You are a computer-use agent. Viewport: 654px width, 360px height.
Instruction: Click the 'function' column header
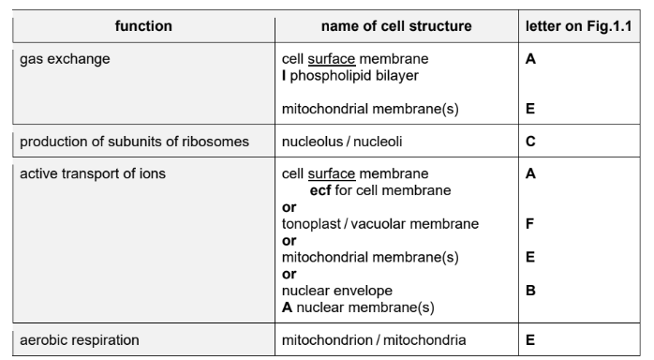143,26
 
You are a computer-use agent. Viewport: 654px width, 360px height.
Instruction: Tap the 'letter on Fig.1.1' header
581,26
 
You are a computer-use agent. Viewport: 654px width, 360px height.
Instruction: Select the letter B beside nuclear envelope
530,290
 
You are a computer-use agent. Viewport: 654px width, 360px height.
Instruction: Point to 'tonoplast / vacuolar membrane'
380,224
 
